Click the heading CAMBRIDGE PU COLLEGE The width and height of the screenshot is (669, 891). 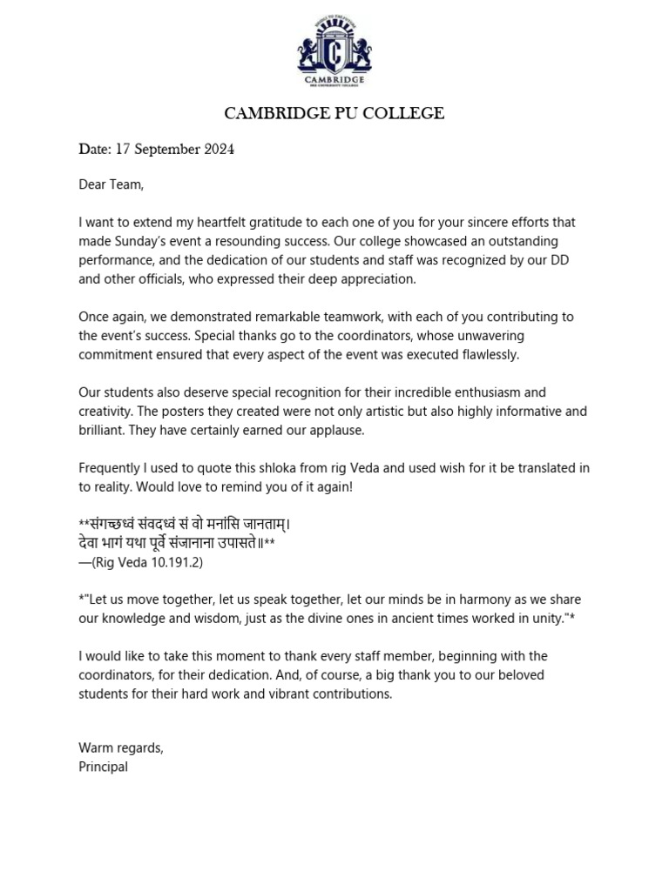(x=334, y=114)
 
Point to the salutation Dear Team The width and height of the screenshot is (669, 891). (x=111, y=184)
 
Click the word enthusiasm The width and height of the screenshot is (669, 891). (x=488, y=392)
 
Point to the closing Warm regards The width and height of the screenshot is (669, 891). (x=121, y=748)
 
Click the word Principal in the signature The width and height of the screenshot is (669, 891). (x=103, y=767)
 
